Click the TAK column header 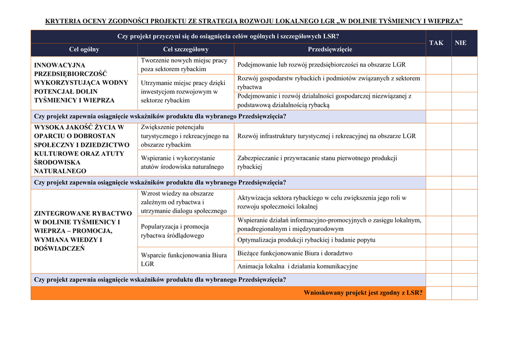coord(437,43)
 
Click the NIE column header coord(461,43)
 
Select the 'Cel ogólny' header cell coord(84,50)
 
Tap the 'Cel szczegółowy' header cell coord(186,50)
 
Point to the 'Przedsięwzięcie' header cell coord(330,50)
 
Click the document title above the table coord(254,21)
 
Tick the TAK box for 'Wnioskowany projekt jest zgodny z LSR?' coord(439,293)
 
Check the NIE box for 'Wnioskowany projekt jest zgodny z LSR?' coord(464,293)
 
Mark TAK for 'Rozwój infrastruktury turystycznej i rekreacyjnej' coord(439,136)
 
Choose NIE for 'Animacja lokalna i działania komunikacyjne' coord(464,267)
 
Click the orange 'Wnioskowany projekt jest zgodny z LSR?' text coord(364,293)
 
